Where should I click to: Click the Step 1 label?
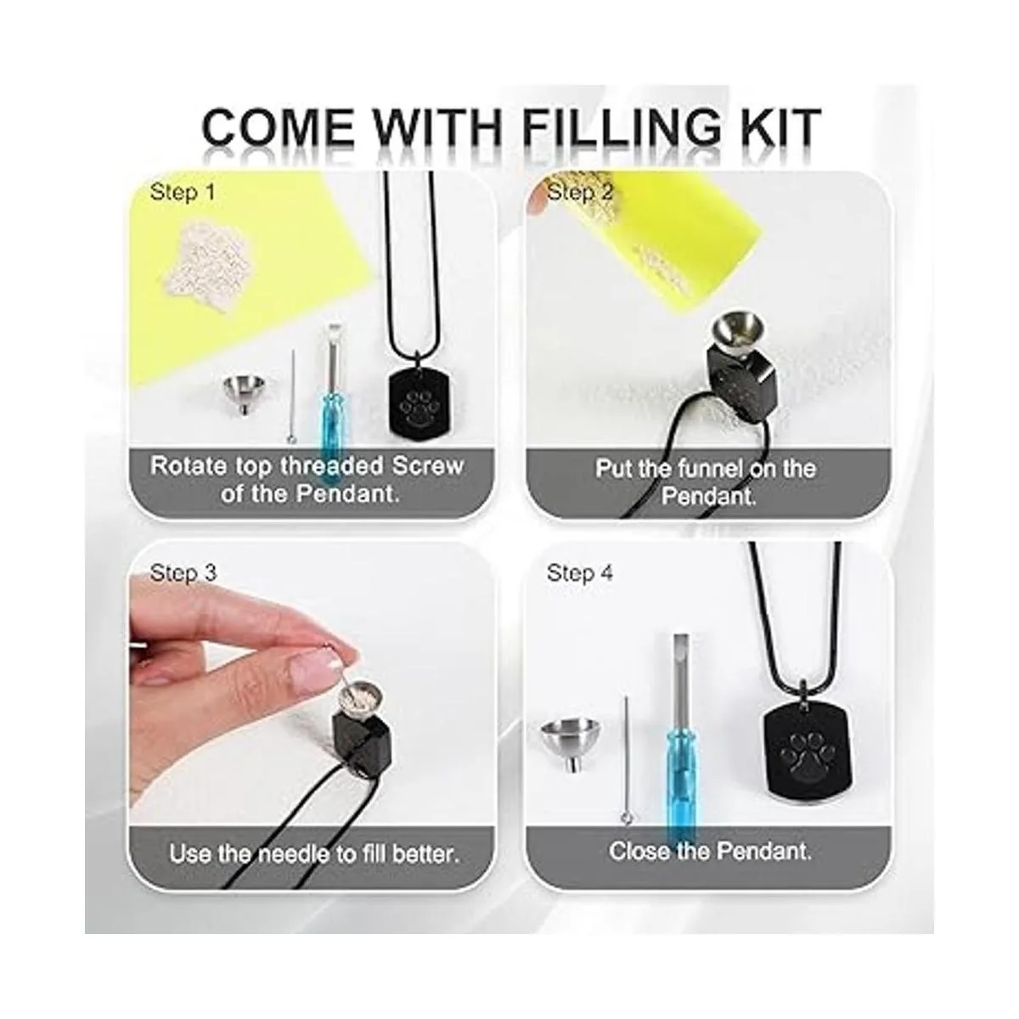pos(183,192)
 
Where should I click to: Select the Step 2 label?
pos(580,192)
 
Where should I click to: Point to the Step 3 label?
pos(183,572)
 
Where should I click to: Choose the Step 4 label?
pos(580,572)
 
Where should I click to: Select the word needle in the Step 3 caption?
pos(292,854)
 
